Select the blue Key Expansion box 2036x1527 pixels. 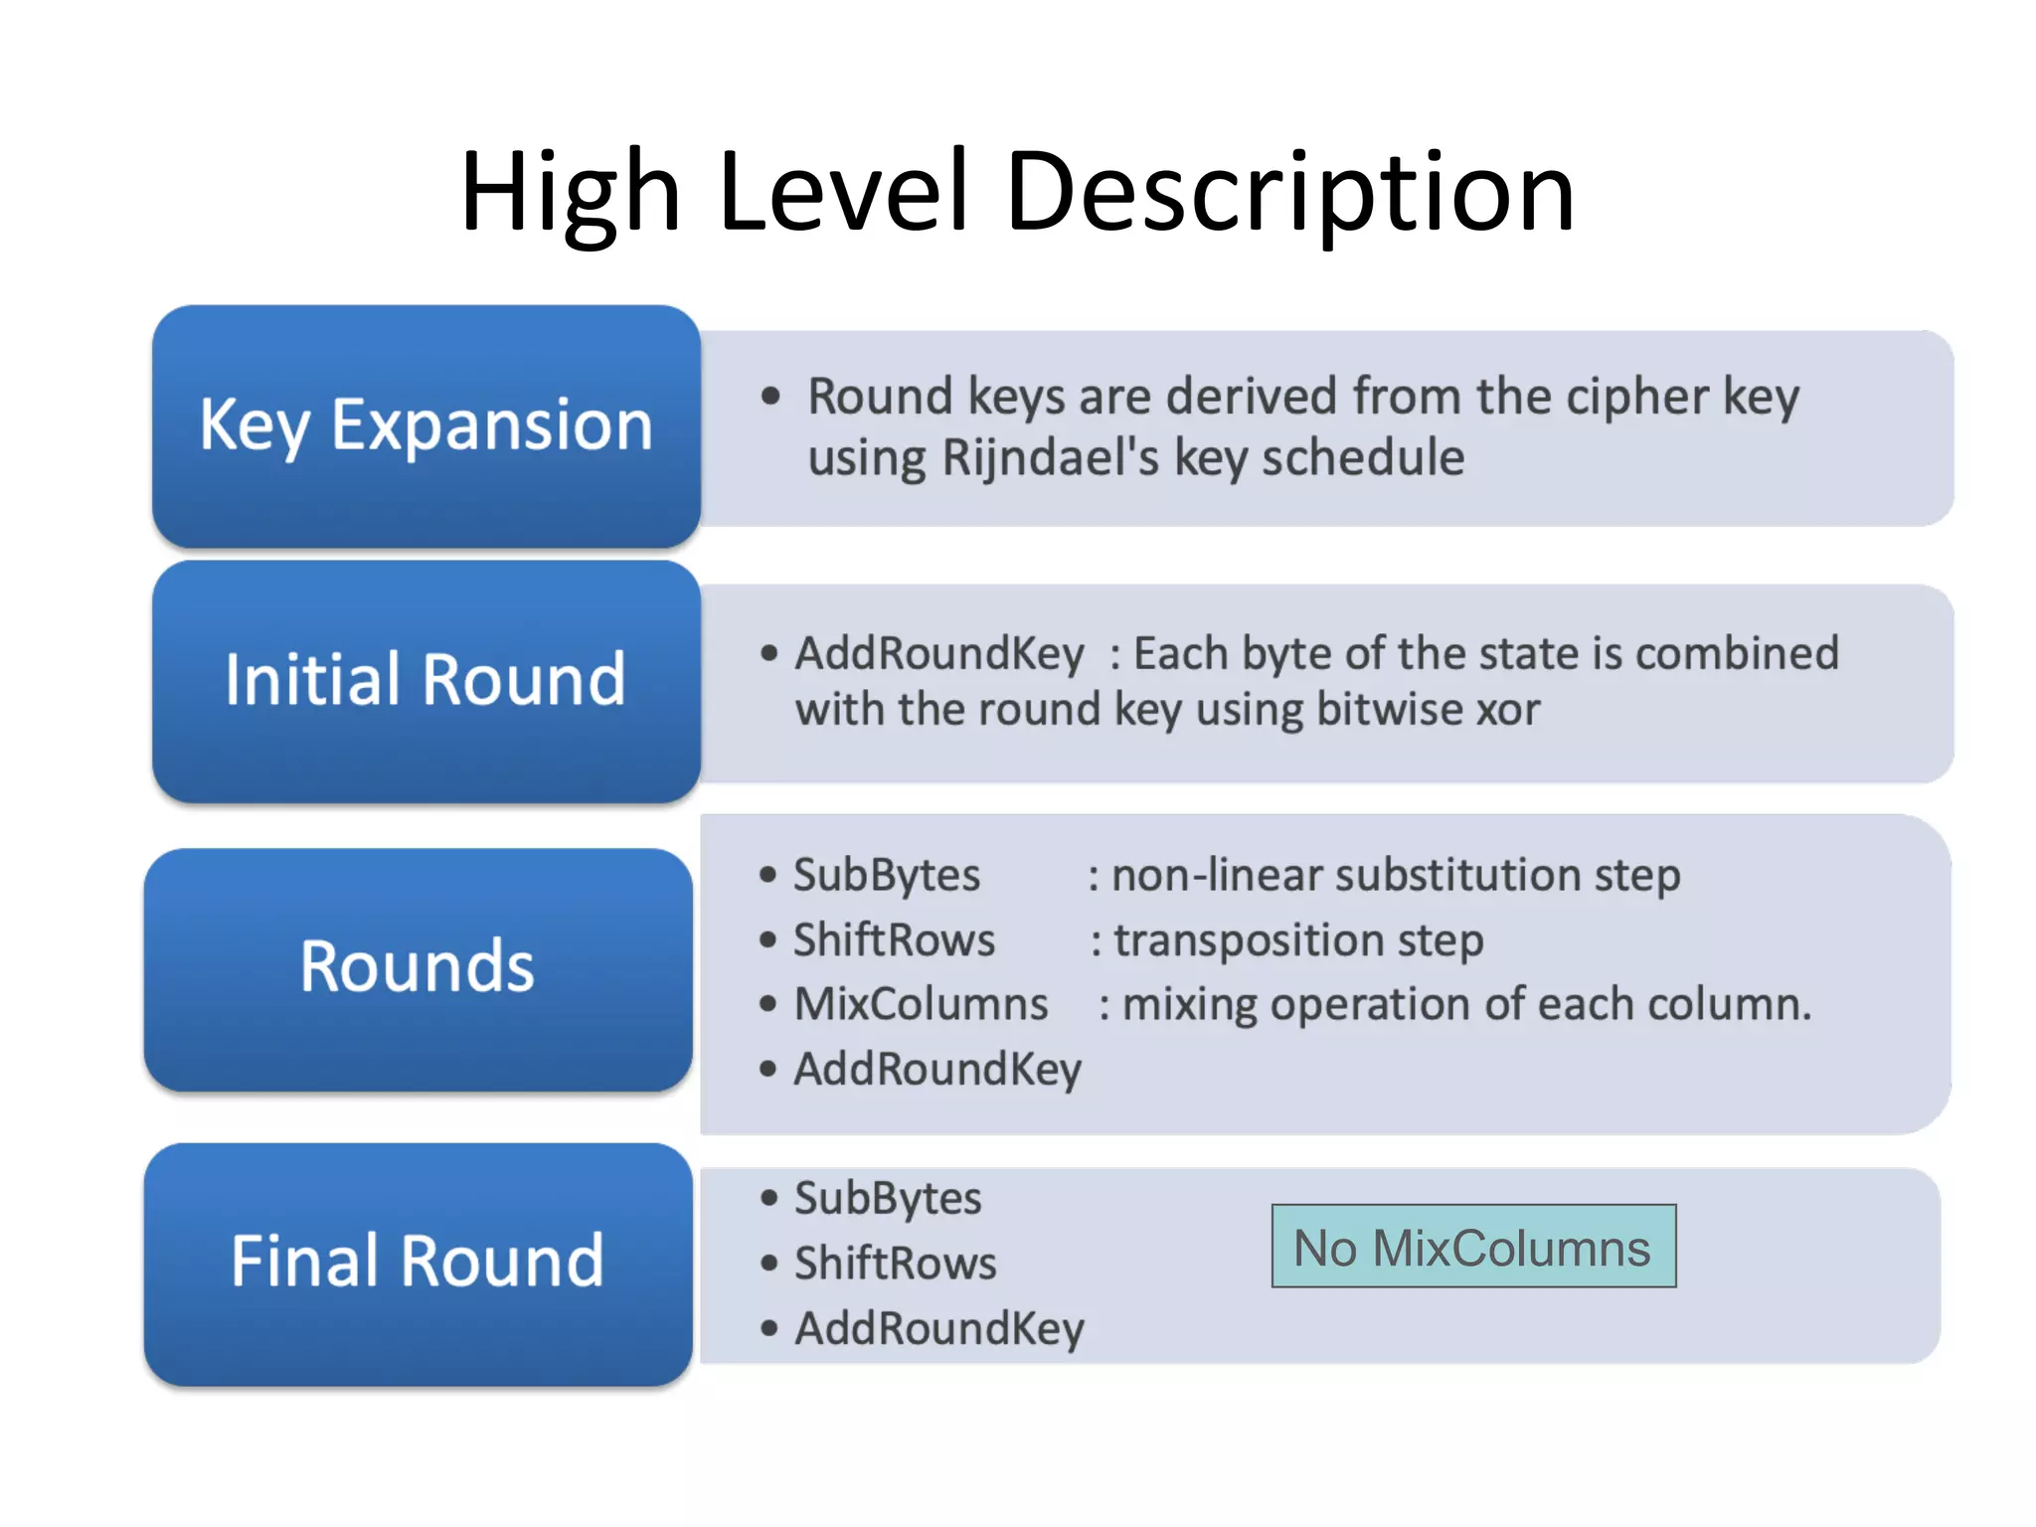tap(425, 425)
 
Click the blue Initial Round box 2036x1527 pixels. tap(425, 680)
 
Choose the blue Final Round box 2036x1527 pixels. tap(418, 1262)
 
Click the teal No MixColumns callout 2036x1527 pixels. tap(1472, 1247)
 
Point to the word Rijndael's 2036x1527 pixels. tap(1050, 458)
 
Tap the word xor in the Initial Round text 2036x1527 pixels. tap(1508, 710)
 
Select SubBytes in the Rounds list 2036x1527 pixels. tap(886, 876)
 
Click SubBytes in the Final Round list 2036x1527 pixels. tap(887, 1199)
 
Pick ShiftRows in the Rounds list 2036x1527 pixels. tap(893, 940)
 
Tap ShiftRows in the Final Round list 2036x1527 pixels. tap(895, 1264)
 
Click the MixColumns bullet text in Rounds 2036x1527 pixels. tap(921, 1004)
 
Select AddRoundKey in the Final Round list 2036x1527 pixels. tap(938, 1329)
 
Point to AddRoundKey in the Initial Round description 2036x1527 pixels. tap(938, 654)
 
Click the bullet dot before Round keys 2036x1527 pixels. tap(770, 397)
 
